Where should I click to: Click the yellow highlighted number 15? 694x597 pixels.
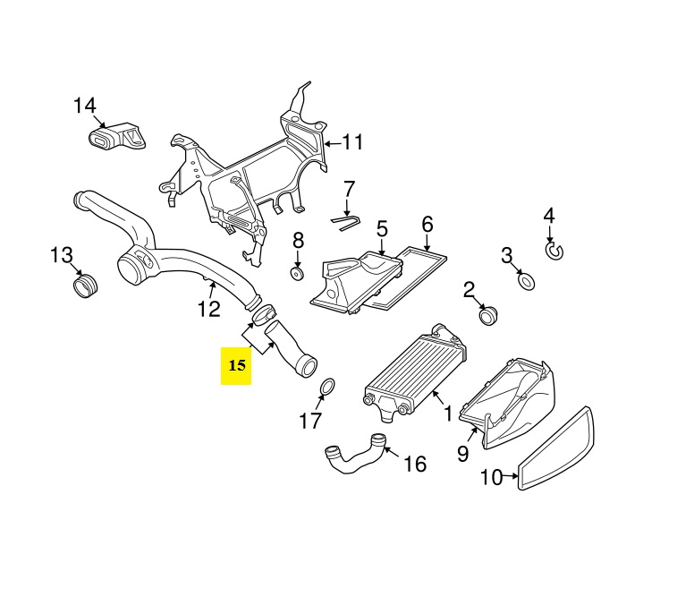(237, 366)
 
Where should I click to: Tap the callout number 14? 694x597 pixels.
(85, 106)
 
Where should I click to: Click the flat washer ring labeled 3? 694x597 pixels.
(526, 282)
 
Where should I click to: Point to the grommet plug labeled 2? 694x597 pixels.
(488, 315)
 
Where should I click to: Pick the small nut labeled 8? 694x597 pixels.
(297, 274)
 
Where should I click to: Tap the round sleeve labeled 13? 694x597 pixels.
(85, 286)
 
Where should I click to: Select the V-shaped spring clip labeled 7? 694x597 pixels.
(346, 223)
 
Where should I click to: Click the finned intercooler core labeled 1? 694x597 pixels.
(416, 373)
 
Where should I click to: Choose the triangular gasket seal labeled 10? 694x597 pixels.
(555, 448)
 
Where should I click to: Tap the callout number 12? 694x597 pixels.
(208, 309)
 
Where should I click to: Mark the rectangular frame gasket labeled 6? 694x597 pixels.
(408, 277)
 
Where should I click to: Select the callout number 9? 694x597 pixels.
(462, 454)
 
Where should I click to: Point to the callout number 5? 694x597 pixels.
(382, 229)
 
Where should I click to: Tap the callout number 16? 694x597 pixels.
(415, 465)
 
